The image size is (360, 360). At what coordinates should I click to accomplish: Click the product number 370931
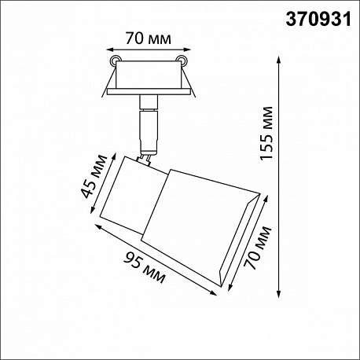click(318, 20)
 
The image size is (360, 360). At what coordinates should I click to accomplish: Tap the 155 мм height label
click(266, 133)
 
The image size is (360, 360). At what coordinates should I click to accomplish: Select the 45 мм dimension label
click(94, 177)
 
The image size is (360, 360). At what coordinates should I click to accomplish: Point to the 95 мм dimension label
click(145, 267)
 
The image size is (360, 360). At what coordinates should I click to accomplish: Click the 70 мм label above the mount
click(148, 39)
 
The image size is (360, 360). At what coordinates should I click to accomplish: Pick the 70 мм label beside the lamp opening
click(257, 248)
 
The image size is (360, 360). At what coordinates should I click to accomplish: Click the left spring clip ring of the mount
click(115, 60)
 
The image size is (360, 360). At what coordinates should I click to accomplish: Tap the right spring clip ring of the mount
click(182, 60)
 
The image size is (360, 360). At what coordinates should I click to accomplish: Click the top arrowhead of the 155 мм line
click(279, 60)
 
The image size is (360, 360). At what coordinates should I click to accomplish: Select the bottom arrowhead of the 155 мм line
click(279, 294)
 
